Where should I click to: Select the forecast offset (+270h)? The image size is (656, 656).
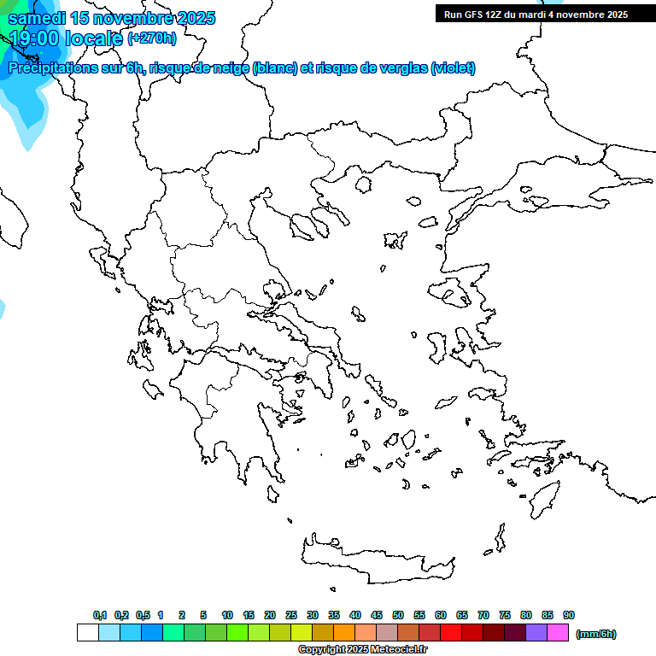pos(151,38)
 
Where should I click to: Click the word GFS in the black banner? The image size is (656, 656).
pos(477,14)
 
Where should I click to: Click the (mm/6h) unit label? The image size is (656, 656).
pos(596,634)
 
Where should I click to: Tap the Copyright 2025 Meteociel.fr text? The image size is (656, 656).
pos(362,650)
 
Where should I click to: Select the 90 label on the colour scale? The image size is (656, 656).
pos(569,615)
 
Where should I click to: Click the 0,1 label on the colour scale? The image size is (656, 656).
pos(100,615)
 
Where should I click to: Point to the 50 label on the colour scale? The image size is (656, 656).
pos(398,615)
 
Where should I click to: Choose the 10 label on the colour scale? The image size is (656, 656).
pos(227,615)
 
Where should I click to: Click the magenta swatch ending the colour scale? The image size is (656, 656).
pos(558,633)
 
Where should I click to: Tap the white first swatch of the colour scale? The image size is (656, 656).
pos(88,633)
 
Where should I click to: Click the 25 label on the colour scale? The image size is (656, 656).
pos(291,615)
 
